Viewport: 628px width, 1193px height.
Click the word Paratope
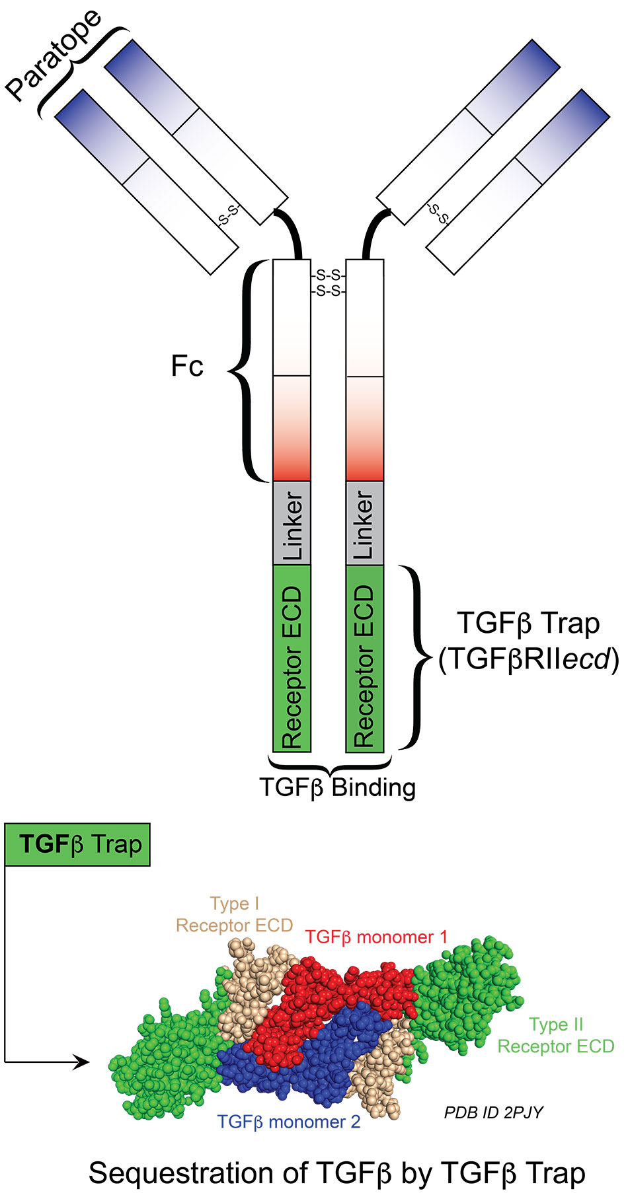click(54, 55)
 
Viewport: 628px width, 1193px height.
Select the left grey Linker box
click(292, 523)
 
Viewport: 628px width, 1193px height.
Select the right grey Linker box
click(365, 523)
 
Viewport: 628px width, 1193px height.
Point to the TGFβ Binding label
click(337, 787)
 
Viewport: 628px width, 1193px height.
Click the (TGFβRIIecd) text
click(529, 659)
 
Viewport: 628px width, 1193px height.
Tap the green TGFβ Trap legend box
click(77, 844)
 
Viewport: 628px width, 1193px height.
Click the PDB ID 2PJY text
click(494, 1112)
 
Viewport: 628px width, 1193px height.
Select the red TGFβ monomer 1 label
click(376, 937)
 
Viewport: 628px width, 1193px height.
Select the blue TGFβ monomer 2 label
click(289, 1122)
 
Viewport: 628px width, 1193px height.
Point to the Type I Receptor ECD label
click(234, 915)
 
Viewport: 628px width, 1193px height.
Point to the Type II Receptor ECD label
click(555, 1036)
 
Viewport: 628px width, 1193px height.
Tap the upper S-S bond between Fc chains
click(329, 275)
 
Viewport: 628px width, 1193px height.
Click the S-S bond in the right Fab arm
click(438, 213)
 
